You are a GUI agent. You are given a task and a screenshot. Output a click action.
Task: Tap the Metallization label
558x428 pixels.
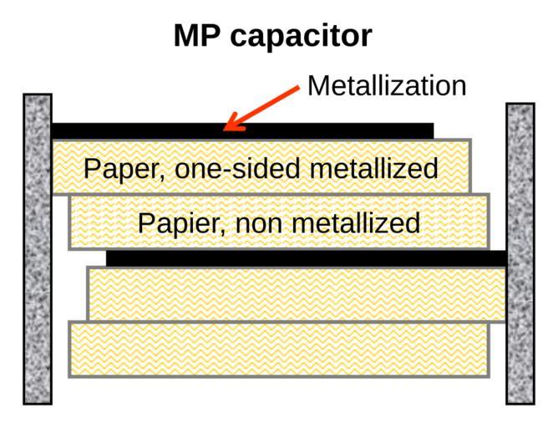click(387, 85)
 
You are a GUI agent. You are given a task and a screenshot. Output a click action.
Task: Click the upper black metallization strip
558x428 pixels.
click(242, 131)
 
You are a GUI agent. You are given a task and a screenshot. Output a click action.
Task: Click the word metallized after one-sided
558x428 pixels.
click(373, 168)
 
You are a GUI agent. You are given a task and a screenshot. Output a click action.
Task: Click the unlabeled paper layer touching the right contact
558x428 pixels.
click(297, 293)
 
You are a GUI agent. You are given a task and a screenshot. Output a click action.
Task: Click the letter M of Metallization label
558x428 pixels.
click(318, 85)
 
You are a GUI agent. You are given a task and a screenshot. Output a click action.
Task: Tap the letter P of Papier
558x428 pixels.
click(145, 223)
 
